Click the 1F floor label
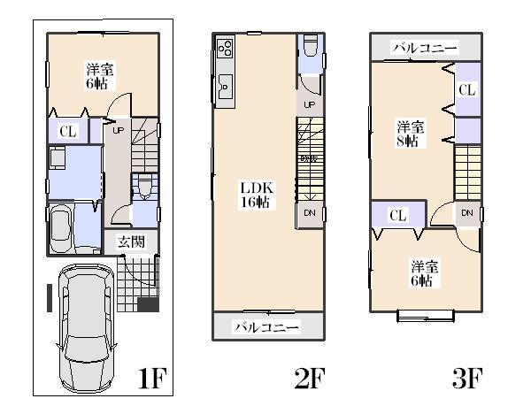(x=152, y=379)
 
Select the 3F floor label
(x=466, y=379)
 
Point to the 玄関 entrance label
(x=132, y=242)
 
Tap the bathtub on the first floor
(x=60, y=228)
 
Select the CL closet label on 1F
(x=66, y=132)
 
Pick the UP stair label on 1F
(x=118, y=130)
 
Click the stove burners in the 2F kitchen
(x=225, y=47)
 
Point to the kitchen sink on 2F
(x=225, y=87)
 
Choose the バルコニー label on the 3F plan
(x=426, y=48)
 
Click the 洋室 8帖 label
(x=411, y=133)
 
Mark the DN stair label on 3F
(x=466, y=213)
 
